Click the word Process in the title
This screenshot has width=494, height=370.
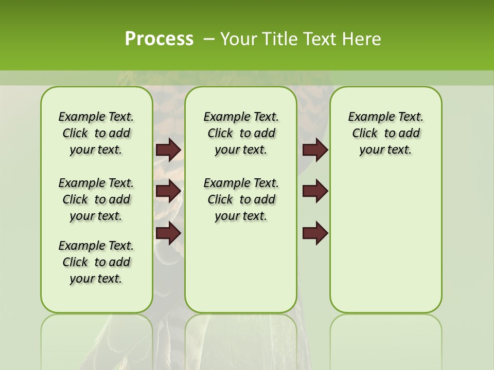pos(159,39)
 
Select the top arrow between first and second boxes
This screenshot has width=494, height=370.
pos(168,150)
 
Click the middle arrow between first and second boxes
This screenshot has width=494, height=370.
pos(168,191)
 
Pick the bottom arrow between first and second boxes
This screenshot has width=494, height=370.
pos(168,233)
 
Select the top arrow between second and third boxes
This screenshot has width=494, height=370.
pos(315,150)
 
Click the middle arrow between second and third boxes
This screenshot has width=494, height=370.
pos(315,191)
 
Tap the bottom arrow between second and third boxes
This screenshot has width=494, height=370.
pos(315,233)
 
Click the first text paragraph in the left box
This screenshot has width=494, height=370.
pos(96,133)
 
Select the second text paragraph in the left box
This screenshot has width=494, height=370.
pos(96,199)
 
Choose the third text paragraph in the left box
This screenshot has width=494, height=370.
pos(96,262)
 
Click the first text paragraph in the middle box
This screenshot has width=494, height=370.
pos(241,133)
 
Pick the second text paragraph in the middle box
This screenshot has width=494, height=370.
pos(241,199)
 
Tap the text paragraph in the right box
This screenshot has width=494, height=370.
pos(386,133)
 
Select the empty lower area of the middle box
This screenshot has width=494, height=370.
pos(241,267)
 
